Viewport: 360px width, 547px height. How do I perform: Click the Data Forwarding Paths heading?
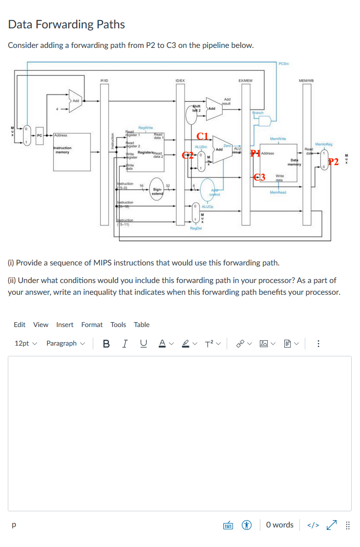(67, 24)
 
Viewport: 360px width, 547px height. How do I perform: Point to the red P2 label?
(334, 162)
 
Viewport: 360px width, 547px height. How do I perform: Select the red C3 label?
(259, 177)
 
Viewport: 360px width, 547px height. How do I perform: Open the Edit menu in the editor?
(20, 325)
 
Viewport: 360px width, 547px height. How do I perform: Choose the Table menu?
(142, 325)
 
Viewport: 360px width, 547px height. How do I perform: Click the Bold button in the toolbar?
(106, 343)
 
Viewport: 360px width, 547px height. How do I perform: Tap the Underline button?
(143, 343)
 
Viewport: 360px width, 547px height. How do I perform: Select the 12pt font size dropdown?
(25, 343)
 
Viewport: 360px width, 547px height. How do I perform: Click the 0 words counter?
(280, 525)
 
